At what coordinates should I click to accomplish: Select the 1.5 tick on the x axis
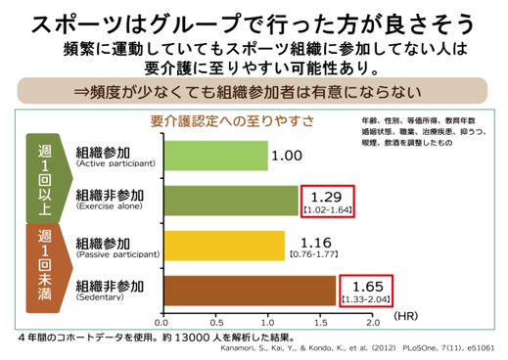(320, 320)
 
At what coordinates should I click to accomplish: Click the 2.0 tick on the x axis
(371, 320)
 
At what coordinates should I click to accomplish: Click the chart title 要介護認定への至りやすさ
(231, 120)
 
